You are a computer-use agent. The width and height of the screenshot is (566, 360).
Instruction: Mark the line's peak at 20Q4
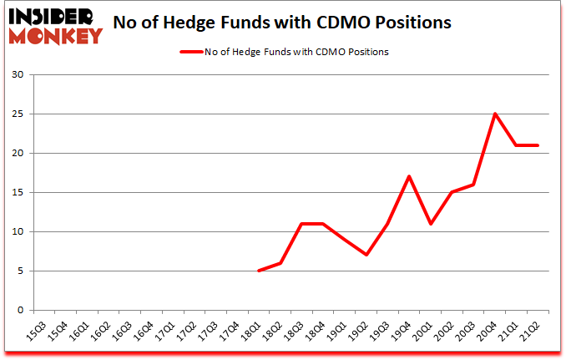(x=495, y=114)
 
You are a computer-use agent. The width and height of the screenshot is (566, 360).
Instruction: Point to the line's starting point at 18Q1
(x=260, y=271)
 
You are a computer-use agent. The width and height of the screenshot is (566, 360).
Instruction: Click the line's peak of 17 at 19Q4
(x=409, y=176)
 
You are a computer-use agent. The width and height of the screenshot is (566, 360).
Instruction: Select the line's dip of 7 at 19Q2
(x=366, y=255)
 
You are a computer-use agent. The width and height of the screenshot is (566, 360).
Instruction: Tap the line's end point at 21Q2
(x=538, y=145)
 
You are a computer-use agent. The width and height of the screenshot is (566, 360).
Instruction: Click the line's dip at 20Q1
(x=431, y=224)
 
